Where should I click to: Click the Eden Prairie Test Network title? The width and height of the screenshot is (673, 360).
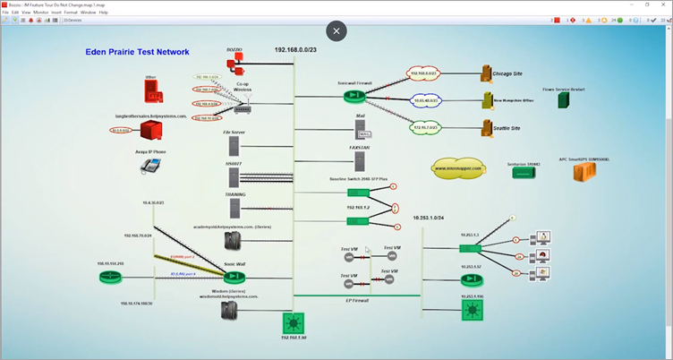137,53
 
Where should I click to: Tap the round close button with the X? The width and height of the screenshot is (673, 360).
336,31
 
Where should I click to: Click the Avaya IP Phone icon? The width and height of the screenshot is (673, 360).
149,168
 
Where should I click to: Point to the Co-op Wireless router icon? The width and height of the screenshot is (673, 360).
242,106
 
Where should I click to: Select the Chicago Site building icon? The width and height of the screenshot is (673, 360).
487,73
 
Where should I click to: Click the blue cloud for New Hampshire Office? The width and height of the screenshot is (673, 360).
427,100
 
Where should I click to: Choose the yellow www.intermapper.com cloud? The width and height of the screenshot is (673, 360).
458,167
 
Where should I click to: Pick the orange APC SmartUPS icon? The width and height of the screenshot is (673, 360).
584,171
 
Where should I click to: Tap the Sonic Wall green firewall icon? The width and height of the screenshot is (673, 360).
235,279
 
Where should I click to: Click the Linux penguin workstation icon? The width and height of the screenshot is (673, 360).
543,237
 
